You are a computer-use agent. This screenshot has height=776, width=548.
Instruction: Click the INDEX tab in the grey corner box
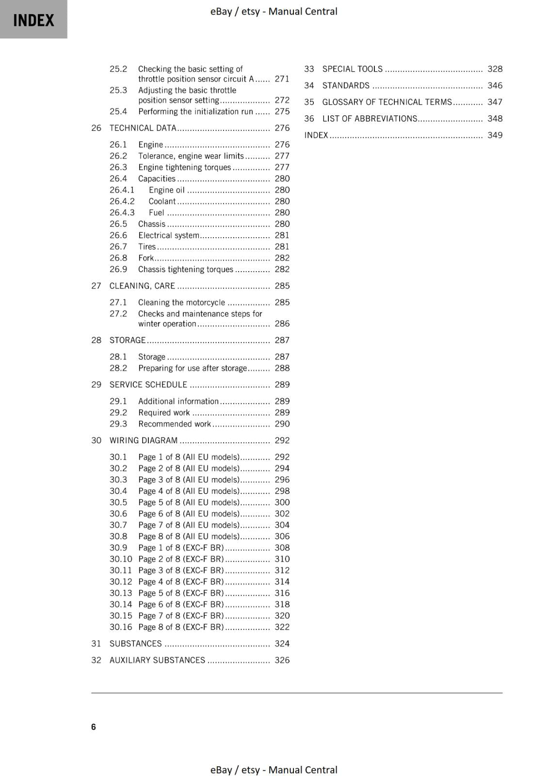point(33,20)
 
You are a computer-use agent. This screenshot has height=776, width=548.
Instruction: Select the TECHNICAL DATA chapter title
point(143,128)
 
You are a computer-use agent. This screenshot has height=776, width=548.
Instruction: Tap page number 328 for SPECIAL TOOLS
point(495,69)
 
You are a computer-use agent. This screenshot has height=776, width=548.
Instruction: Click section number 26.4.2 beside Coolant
point(122,201)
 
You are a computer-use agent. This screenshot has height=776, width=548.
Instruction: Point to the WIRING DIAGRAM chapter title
point(144,440)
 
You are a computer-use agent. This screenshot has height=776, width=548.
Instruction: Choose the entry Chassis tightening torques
point(185,269)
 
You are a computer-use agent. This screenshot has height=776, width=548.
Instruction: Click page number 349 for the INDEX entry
point(495,135)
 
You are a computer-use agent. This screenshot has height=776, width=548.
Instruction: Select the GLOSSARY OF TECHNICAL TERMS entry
point(387,102)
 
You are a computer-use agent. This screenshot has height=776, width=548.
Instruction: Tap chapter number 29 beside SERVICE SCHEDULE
point(96,385)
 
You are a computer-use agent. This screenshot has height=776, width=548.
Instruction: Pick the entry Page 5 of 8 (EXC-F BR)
point(181,593)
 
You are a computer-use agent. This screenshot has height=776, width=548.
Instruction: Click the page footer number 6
point(94,727)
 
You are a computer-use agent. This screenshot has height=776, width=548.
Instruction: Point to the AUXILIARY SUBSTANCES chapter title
point(157,660)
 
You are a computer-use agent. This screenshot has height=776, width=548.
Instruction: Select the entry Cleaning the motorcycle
point(181,302)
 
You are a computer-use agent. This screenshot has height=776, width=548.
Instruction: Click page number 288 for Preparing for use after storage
point(282,368)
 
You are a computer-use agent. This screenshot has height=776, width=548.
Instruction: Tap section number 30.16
point(120,627)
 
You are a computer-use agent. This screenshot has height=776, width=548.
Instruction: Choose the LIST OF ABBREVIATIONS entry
point(370,118)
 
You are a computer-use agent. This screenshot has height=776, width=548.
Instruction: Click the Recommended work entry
point(174,424)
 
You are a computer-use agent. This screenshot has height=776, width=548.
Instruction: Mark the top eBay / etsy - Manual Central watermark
point(274,11)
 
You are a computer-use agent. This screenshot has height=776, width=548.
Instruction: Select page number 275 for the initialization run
point(282,112)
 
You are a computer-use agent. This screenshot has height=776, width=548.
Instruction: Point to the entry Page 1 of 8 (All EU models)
point(189,457)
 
